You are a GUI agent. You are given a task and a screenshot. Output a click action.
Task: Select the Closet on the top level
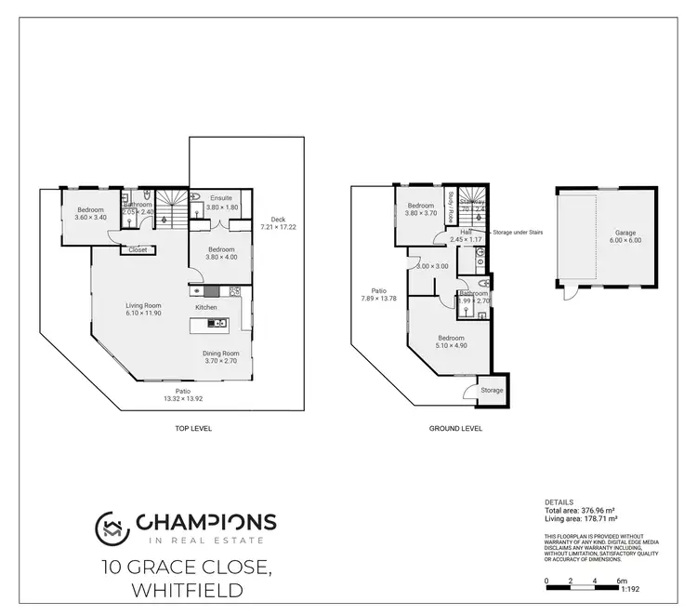pyautogui.click(x=138, y=249)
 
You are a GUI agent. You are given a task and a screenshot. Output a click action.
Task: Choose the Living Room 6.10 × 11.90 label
pyautogui.click(x=144, y=309)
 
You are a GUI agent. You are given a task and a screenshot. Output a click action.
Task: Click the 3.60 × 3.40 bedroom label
pyautogui.click(x=91, y=214)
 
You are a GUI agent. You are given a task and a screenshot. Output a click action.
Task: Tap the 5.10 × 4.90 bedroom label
pyautogui.click(x=451, y=341)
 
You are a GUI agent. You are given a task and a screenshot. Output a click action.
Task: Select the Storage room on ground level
pyautogui.click(x=492, y=391)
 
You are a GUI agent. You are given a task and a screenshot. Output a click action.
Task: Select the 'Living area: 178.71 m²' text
pyautogui.click(x=582, y=519)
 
